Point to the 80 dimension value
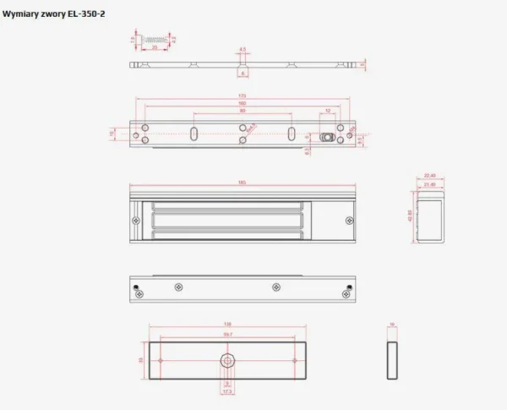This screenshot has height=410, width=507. click(243, 112)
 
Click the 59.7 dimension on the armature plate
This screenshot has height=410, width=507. click(227, 333)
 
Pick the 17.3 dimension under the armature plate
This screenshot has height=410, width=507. click(227, 392)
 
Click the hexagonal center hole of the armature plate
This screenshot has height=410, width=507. click(227, 360)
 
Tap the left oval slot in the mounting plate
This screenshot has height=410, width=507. click(194, 134)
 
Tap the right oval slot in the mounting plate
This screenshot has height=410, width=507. click(292, 134)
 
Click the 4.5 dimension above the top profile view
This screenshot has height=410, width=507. click(242, 50)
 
